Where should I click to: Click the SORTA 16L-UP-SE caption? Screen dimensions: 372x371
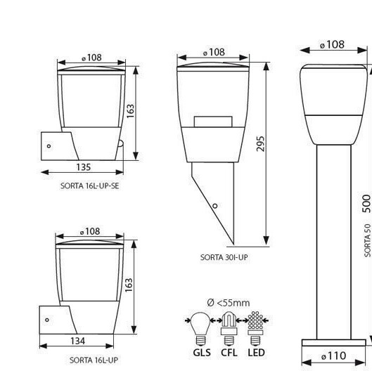coord(89,186)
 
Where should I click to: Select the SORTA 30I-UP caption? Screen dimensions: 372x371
coord(224,257)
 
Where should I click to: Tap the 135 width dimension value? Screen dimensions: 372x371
coord(83,167)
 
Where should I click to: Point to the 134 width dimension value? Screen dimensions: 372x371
coord(77,341)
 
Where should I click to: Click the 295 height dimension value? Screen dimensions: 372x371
coord(260,143)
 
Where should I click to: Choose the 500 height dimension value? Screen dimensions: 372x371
coord(366,204)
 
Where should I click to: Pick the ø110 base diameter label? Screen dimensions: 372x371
coord(333,356)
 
